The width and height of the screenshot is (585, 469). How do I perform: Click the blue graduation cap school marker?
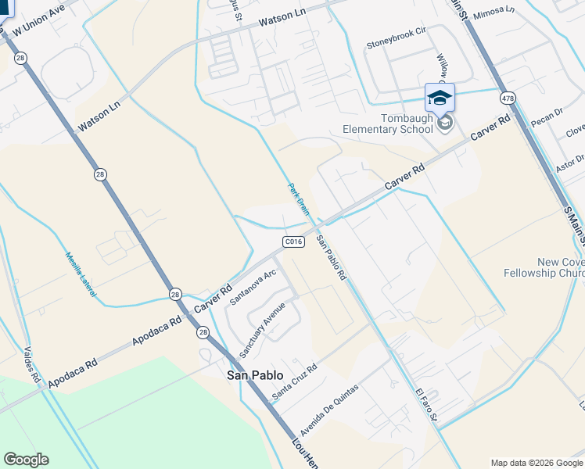click(x=440, y=97)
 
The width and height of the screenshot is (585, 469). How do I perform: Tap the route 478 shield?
click(x=508, y=98)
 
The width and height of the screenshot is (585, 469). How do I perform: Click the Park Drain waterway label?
click(x=299, y=199)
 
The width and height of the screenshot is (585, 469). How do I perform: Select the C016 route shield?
click(x=293, y=242)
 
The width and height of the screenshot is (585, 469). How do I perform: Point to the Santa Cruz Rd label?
click(x=294, y=383)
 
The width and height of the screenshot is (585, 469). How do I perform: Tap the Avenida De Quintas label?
click(x=329, y=410)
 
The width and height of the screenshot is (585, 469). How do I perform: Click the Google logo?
click(x=26, y=460)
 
